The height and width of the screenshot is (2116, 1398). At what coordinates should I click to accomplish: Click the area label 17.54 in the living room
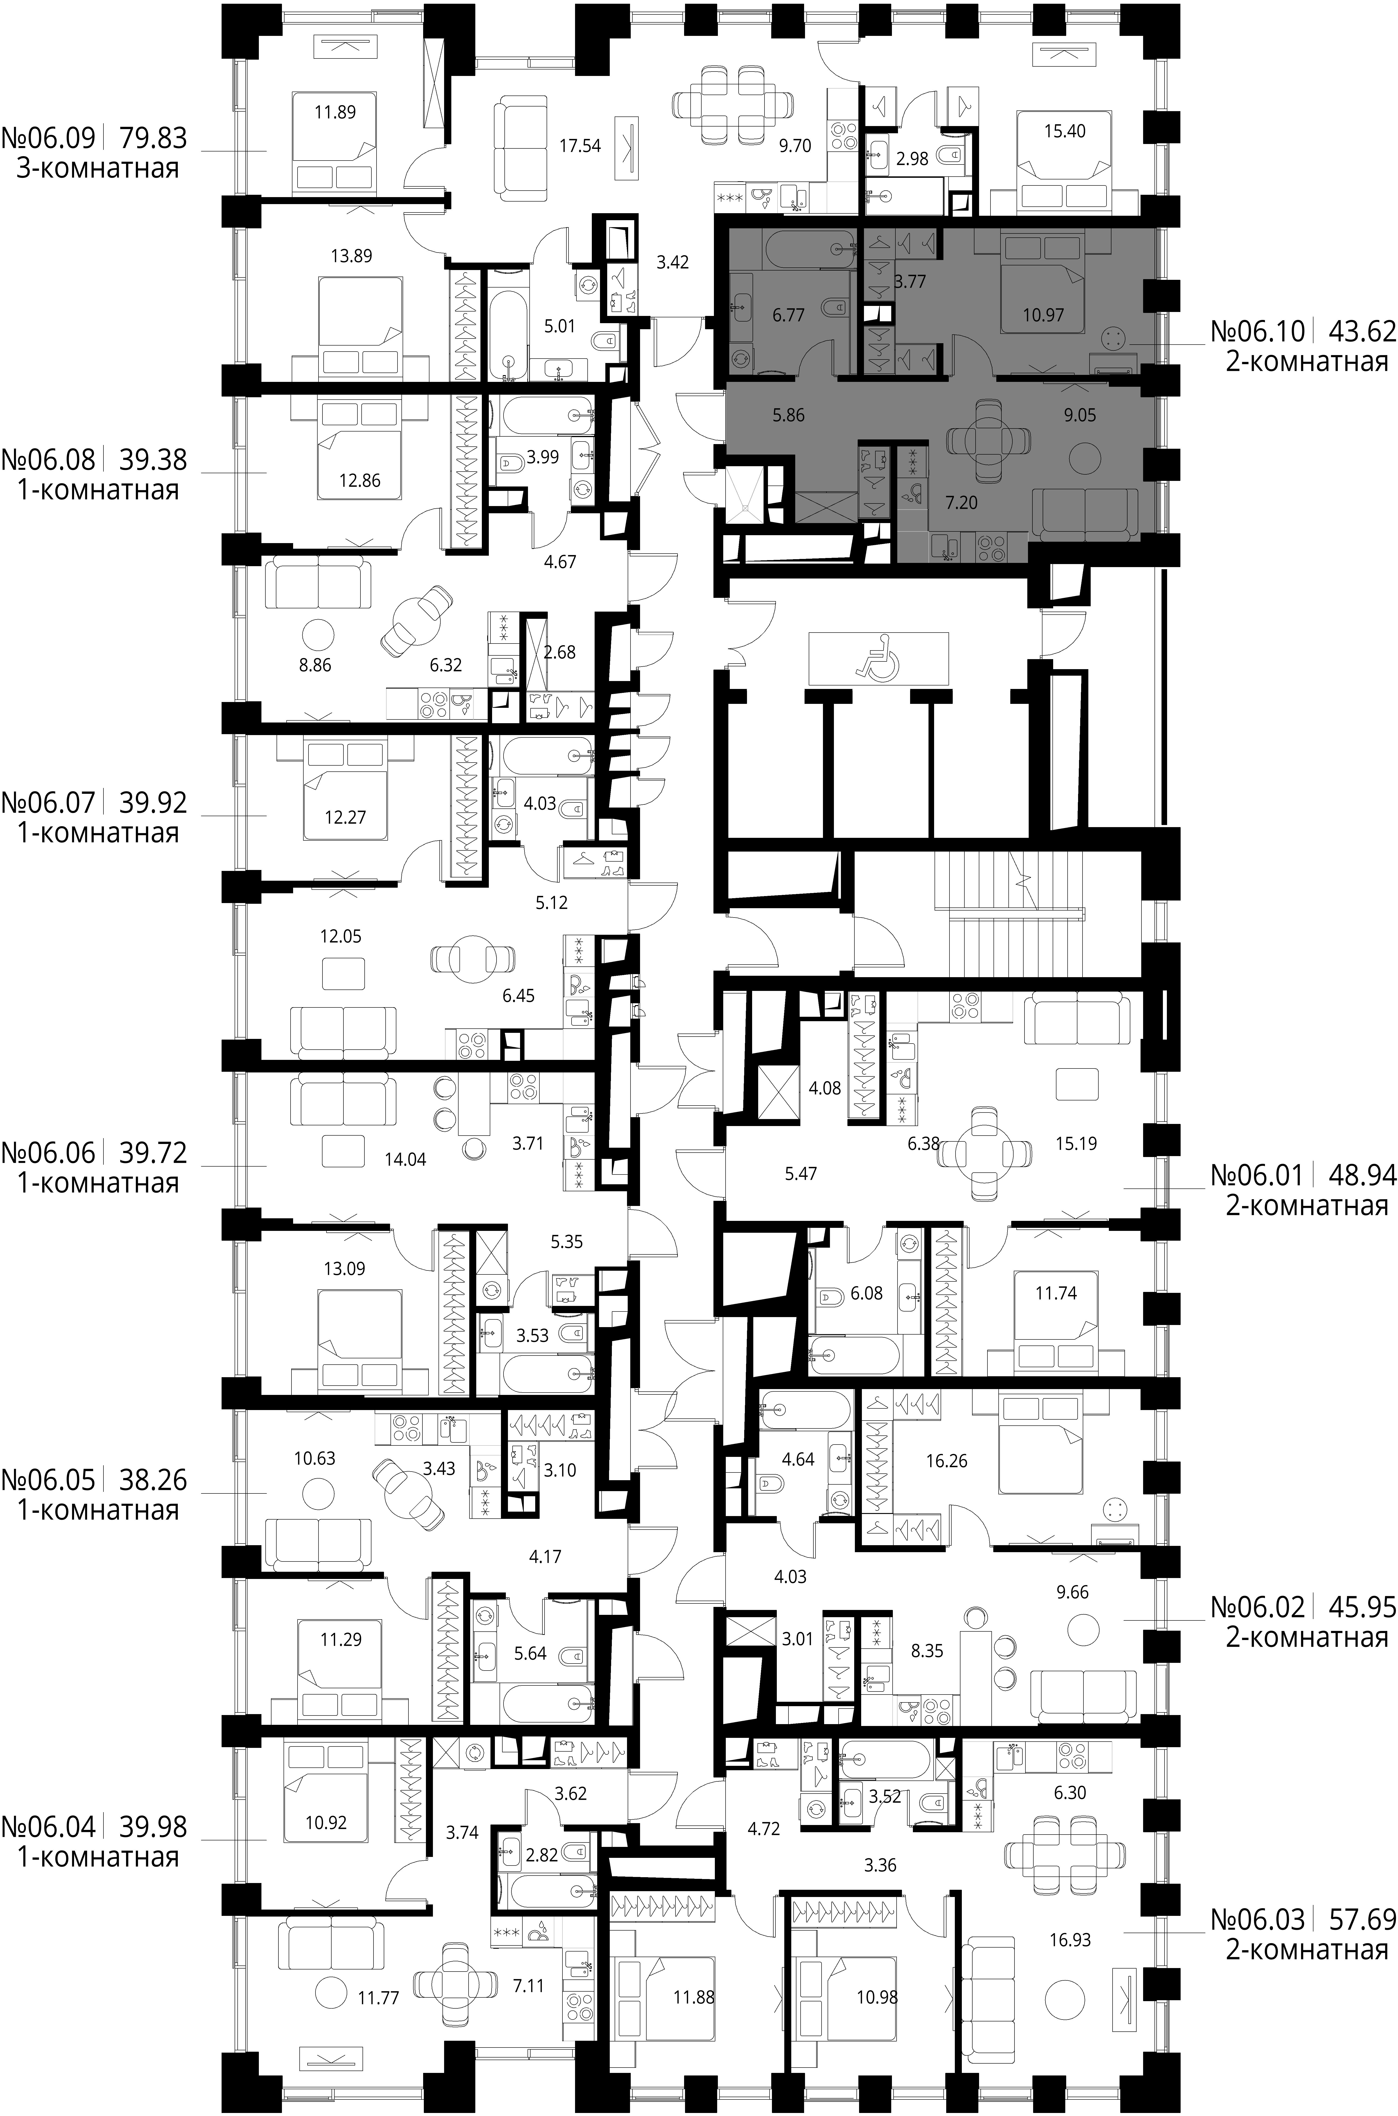[579, 146]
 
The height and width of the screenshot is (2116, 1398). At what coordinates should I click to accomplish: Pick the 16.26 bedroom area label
[947, 1461]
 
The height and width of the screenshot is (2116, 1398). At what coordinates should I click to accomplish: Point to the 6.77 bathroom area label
[789, 315]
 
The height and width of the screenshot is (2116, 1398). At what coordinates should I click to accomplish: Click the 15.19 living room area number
[1076, 1144]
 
